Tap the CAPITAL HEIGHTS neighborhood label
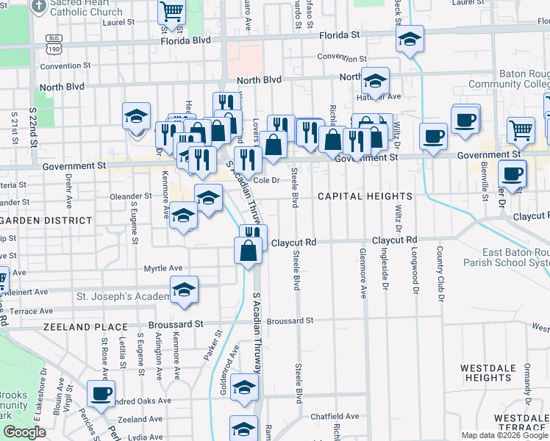[365, 196]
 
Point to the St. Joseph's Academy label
[122, 297]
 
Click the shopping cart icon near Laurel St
[171, 12]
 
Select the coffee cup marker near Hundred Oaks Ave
[101, 392]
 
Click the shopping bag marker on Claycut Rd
[249, 250]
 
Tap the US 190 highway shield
[53, 49]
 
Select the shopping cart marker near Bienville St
[521, 129]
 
